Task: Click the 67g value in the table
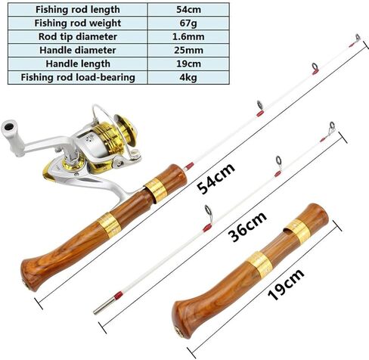click(188, 23)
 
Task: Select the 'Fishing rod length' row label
click(78, 10)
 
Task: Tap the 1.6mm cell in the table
click(188, 37)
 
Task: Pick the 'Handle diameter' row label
click(78, 50)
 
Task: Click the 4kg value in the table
click(188, 77)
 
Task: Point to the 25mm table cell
click(188, 50)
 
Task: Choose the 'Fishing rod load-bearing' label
click(78, 77)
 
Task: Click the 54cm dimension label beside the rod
click(216, 178)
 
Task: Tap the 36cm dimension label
click(247, 226)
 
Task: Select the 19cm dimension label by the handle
click(286, 284)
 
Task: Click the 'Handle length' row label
click(78, 64)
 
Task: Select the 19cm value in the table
click(188, 64)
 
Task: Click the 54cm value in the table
click(188, 10)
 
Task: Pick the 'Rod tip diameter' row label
click(78, 37)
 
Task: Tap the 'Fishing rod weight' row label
click(78, 23)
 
